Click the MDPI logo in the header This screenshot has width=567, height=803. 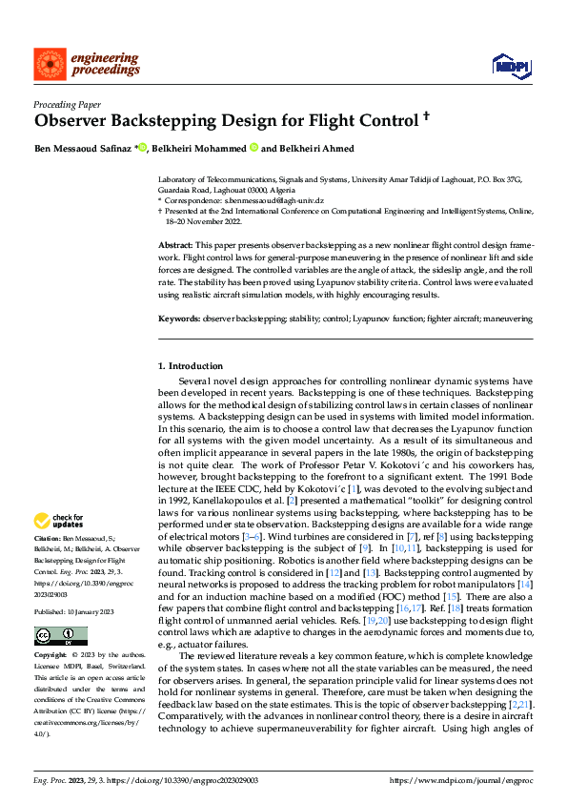tap(511, 65)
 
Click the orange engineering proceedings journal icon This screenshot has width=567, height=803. tap(49, 65)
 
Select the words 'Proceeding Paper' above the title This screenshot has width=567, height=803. tap(67, 105)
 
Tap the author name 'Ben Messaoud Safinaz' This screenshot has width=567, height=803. tap(83, 149)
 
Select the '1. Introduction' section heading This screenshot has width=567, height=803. tap(191, 366)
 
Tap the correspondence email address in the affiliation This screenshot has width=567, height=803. tap(274, 201)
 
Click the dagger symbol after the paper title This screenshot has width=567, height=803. tap(426, 119)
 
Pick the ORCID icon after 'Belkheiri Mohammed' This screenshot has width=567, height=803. tap(254, 149)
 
